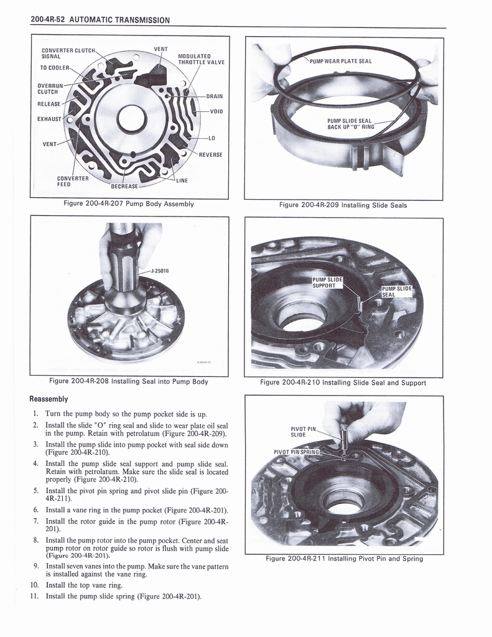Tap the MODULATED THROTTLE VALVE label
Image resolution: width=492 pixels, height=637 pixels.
[201, 58]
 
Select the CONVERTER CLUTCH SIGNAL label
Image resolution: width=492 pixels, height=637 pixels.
[68, 53]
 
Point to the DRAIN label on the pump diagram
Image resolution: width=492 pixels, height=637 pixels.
[214, 96]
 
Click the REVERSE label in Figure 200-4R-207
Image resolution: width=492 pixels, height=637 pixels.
[210, 154]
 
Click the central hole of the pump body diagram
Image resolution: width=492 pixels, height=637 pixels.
[132, 118]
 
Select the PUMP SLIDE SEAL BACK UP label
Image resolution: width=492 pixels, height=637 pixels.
[350, 123]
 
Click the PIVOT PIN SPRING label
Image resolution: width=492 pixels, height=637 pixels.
[296, 452]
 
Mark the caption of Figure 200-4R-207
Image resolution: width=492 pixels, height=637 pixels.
[129, 203]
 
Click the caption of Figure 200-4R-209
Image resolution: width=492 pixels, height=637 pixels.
[343, 205]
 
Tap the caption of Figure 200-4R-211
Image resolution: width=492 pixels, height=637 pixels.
[344, 559]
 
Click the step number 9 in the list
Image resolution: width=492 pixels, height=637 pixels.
[37, 567]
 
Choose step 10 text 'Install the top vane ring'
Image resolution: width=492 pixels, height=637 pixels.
[84, 585]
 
